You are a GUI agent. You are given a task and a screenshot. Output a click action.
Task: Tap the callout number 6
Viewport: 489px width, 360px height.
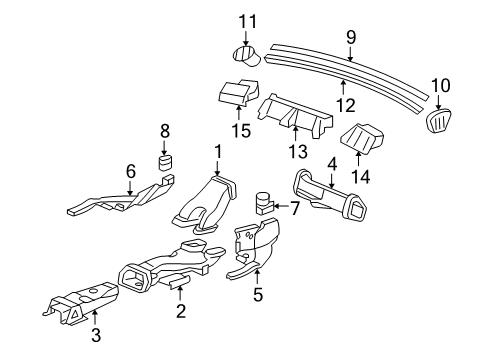pos(131,171)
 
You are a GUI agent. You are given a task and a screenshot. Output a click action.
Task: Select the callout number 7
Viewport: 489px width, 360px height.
pos(295,209)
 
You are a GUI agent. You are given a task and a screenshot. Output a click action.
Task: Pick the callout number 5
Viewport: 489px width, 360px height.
pos(257,295)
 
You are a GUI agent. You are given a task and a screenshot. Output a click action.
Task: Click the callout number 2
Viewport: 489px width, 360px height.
pos(180,312)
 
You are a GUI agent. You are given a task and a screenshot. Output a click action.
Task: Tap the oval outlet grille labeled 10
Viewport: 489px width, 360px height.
pos(441,120)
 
